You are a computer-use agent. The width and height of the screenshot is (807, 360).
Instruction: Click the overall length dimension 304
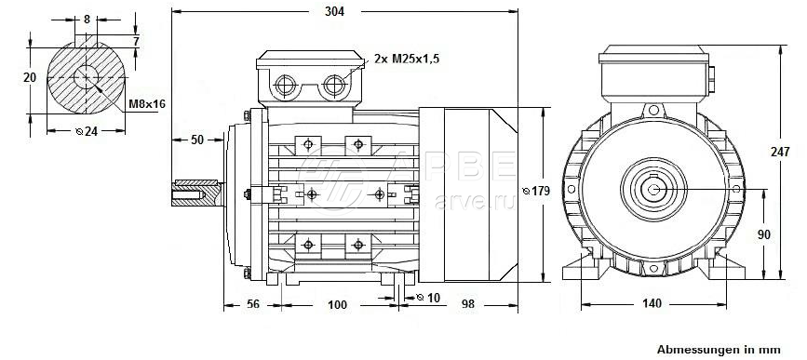point(334,11)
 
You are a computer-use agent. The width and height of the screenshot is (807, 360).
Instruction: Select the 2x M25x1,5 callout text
point(407,59)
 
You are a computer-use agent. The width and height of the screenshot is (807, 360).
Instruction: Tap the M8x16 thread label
point(147,104)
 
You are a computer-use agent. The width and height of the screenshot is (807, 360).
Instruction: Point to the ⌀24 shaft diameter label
point(87,131)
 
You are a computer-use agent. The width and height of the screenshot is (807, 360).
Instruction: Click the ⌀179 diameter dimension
point(536,192)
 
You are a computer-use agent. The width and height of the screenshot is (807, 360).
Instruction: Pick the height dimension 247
point(780,152)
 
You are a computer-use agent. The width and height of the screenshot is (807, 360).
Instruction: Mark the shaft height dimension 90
point(764,234)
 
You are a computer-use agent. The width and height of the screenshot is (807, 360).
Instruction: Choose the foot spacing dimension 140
point(652,303)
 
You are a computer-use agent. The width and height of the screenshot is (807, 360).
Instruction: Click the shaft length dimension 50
point(197,140)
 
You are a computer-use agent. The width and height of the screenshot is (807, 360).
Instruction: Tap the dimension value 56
point(252,304)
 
